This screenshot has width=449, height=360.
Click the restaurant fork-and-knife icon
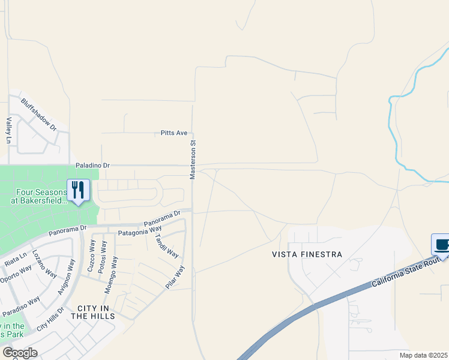point(78,190)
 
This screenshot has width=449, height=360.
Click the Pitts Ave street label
point(175,133)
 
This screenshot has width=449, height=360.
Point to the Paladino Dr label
point(93,164)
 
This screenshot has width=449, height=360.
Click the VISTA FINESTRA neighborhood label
point(307,254)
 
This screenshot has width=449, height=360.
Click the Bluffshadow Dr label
point(38,115)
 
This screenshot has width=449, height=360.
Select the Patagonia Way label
point(140,230)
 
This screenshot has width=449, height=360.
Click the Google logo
point(20,353)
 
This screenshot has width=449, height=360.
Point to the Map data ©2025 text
point(423,355)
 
